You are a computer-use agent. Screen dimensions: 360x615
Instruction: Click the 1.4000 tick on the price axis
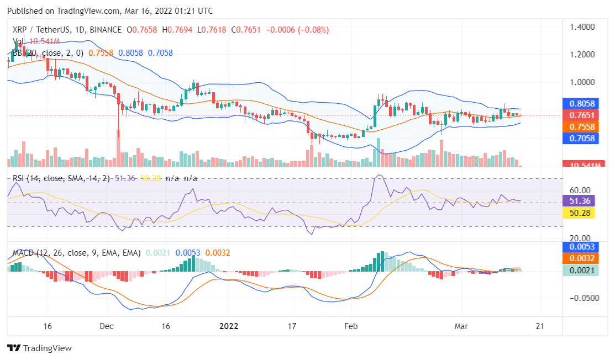pyautogui.click(x=581, y=27)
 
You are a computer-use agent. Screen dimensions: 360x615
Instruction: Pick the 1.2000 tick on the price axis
pyautogui.click(x=581, y=54)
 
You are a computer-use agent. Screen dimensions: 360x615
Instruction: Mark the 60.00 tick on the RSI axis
pyautogui.click(x=579, y=189)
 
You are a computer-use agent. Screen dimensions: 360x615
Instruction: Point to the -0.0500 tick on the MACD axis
pyautogui.click(x=580, y=298)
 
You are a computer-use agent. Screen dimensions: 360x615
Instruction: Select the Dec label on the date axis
pyautogui.click(x=107, y=326)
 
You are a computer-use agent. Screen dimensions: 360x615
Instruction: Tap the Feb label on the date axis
pyautogui.click(x=349, y=326)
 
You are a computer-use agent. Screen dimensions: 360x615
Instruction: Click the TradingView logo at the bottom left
pyautogui.click(x=39, y=348)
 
